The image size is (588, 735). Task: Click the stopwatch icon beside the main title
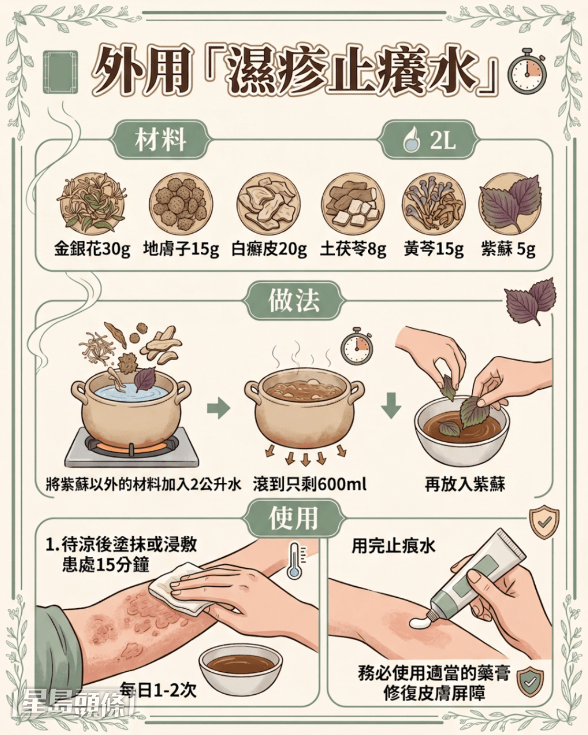[x=527, y=71]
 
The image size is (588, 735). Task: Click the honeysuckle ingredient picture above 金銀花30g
[x=92, y=204]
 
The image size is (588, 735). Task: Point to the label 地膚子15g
[x=181, y=249]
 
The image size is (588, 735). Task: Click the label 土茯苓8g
[x=353, y=249]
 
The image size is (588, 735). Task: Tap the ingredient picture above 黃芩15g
[x=434, y=204]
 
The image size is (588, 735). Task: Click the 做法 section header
[x=294, y=301]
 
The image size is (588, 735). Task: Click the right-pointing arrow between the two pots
[x=218, y=409]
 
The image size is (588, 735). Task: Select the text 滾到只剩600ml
[x=310, y=484]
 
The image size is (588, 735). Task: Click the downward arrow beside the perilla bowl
[x=392, y=407]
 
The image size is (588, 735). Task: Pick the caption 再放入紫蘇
[x=465, y=484]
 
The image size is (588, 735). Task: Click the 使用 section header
[x=294, y=518]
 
